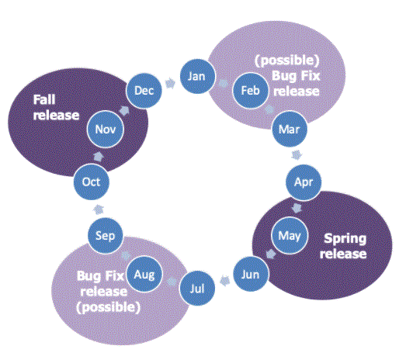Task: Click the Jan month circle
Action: click(197, 76)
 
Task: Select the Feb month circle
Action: click(251, 91)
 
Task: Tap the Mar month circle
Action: click(290, 130)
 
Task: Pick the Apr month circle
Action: click(304, 182)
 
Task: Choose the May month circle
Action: click(290, 235)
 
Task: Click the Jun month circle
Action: click(251, 274)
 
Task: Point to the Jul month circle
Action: click(197, 289)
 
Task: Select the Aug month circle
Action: click(144, 274)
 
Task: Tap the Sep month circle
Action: click(106, 235)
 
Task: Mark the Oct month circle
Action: click(91, 182)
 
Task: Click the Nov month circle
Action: click(106, 129)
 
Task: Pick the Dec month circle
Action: click(144, 91)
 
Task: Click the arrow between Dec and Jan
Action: click(171, 83)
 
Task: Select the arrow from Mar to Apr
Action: click(297, 155)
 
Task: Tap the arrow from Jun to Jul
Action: click(224, 281)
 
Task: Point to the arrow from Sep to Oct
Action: click(99, 209)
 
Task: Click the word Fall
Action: click(44, 100)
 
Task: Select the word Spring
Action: click(345, 239)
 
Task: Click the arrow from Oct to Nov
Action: click(99, 156)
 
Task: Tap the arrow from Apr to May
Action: click(297, 208)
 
